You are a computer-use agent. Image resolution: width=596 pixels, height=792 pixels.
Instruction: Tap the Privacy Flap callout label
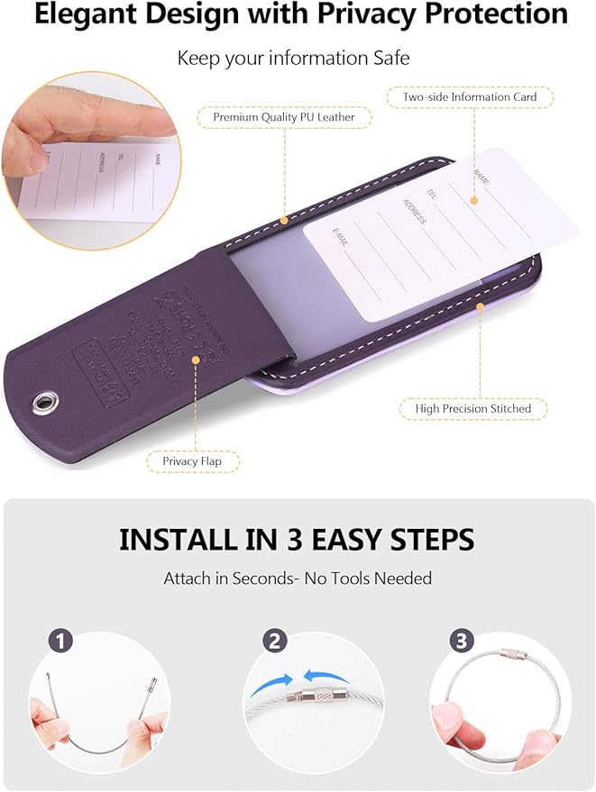coord(191,461)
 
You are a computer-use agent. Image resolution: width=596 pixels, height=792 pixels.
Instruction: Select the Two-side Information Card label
coord(469,97)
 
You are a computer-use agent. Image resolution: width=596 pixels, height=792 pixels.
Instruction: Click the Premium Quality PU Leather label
coord(284,117)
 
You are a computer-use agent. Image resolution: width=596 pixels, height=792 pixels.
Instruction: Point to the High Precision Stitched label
coord(473,408)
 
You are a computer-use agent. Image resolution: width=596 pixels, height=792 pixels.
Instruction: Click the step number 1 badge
coord(61,642)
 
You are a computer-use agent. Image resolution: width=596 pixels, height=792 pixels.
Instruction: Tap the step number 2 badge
coord(276,642)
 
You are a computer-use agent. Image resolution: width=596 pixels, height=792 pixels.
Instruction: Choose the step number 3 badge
coord(462,642)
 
